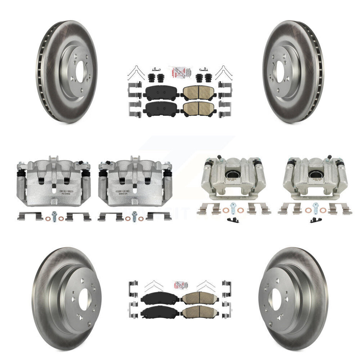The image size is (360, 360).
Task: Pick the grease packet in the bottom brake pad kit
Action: [180, 285]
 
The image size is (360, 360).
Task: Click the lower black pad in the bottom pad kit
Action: [157, 313]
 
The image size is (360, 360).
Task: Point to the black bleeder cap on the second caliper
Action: [101, 164]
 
